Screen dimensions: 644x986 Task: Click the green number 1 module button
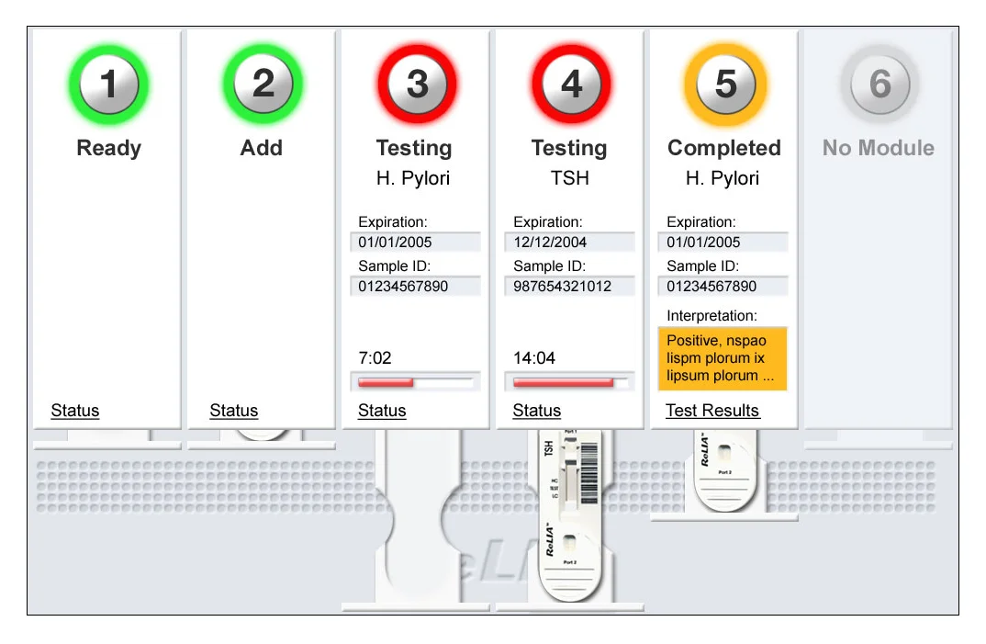[x=108, y=85]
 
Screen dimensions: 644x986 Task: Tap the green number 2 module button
[x=263, y=85]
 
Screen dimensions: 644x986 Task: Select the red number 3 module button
[x=417, y=85]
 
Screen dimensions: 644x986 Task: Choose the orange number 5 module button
[x=725, y=85]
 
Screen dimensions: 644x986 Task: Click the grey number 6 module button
[x=880, y=85]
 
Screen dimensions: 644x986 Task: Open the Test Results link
[x=712, y=411]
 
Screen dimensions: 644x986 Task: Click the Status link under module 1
[x=75, y=411]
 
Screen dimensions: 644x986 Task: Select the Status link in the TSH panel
[x=536, y=411]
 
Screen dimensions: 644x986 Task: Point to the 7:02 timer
[x=375, y=358]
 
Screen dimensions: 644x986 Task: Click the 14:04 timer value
[x=534, y=358]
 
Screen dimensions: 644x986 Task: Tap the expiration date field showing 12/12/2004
[x=569, y=243]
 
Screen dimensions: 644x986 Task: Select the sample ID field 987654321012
[x=569, y=287]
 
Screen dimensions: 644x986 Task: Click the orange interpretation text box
[x=723, y=358]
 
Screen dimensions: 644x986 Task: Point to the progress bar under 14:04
[x=569, y=382]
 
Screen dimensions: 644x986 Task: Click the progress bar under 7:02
[x=415, y=382]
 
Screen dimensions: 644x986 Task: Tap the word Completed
[x=723, y=148]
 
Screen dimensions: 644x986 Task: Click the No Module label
[x=878, y=148]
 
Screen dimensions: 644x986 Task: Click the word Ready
[x=108, y=148]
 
